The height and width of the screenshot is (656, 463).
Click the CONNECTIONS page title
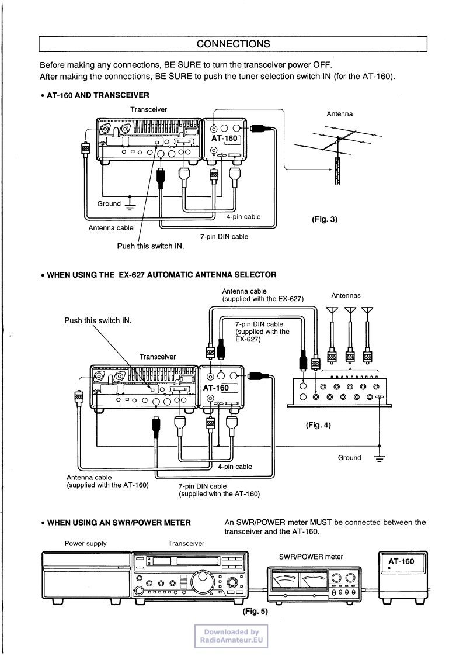click(x=233, y=44)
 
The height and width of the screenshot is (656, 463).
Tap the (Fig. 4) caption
click(x=318, y=425)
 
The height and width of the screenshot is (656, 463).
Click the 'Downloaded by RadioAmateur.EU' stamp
click(x=231, y=636)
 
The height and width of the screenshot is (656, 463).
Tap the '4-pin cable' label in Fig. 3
click(x=243, y=216)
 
